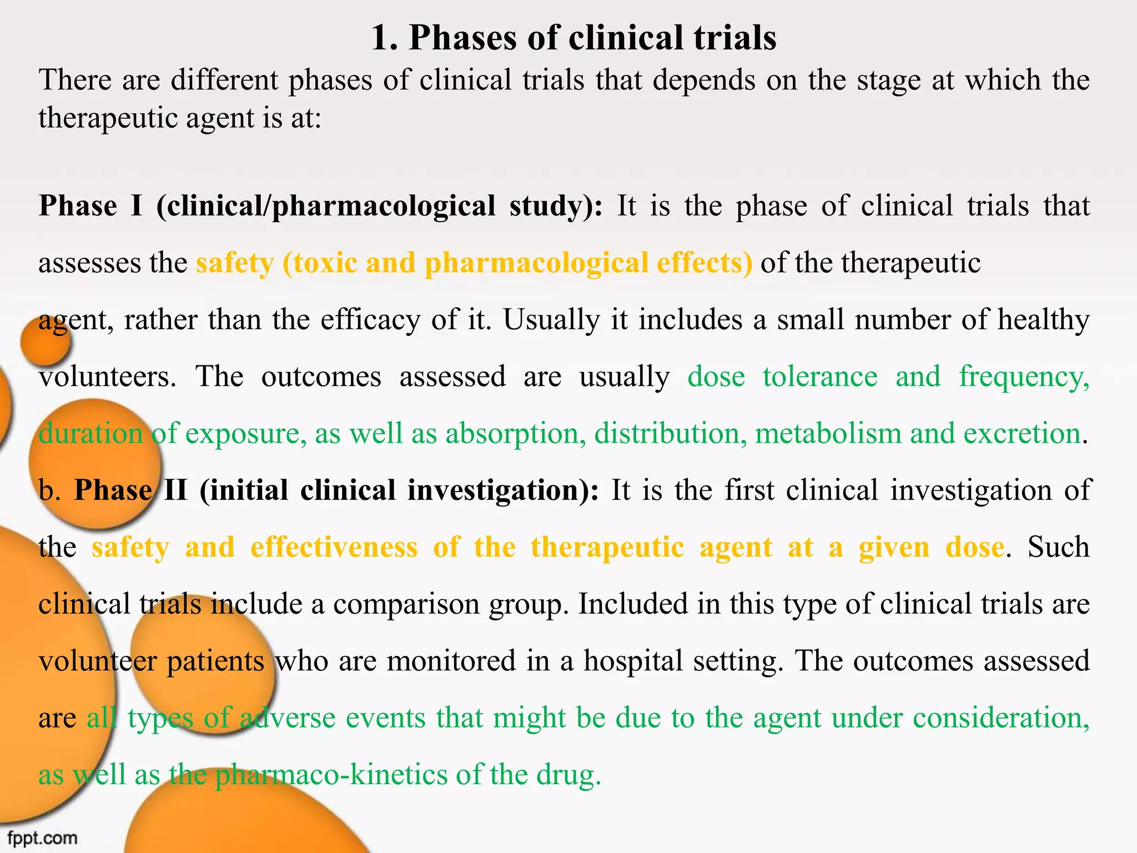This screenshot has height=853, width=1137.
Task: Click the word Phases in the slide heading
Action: [x=463, y=39]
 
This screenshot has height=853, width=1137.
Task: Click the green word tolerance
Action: [x=820, y=377]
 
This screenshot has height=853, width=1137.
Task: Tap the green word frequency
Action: [x=1024, y=377]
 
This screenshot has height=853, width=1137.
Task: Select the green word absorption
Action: [x=516, y=434]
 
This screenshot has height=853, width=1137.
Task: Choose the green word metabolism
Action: [x=828, y=434]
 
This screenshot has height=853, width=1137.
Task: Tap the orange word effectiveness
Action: [x=334, y=548]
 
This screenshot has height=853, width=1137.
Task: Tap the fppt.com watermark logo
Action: [x=42, y=837]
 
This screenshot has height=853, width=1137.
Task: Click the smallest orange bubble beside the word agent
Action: [x=46, y=342]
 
